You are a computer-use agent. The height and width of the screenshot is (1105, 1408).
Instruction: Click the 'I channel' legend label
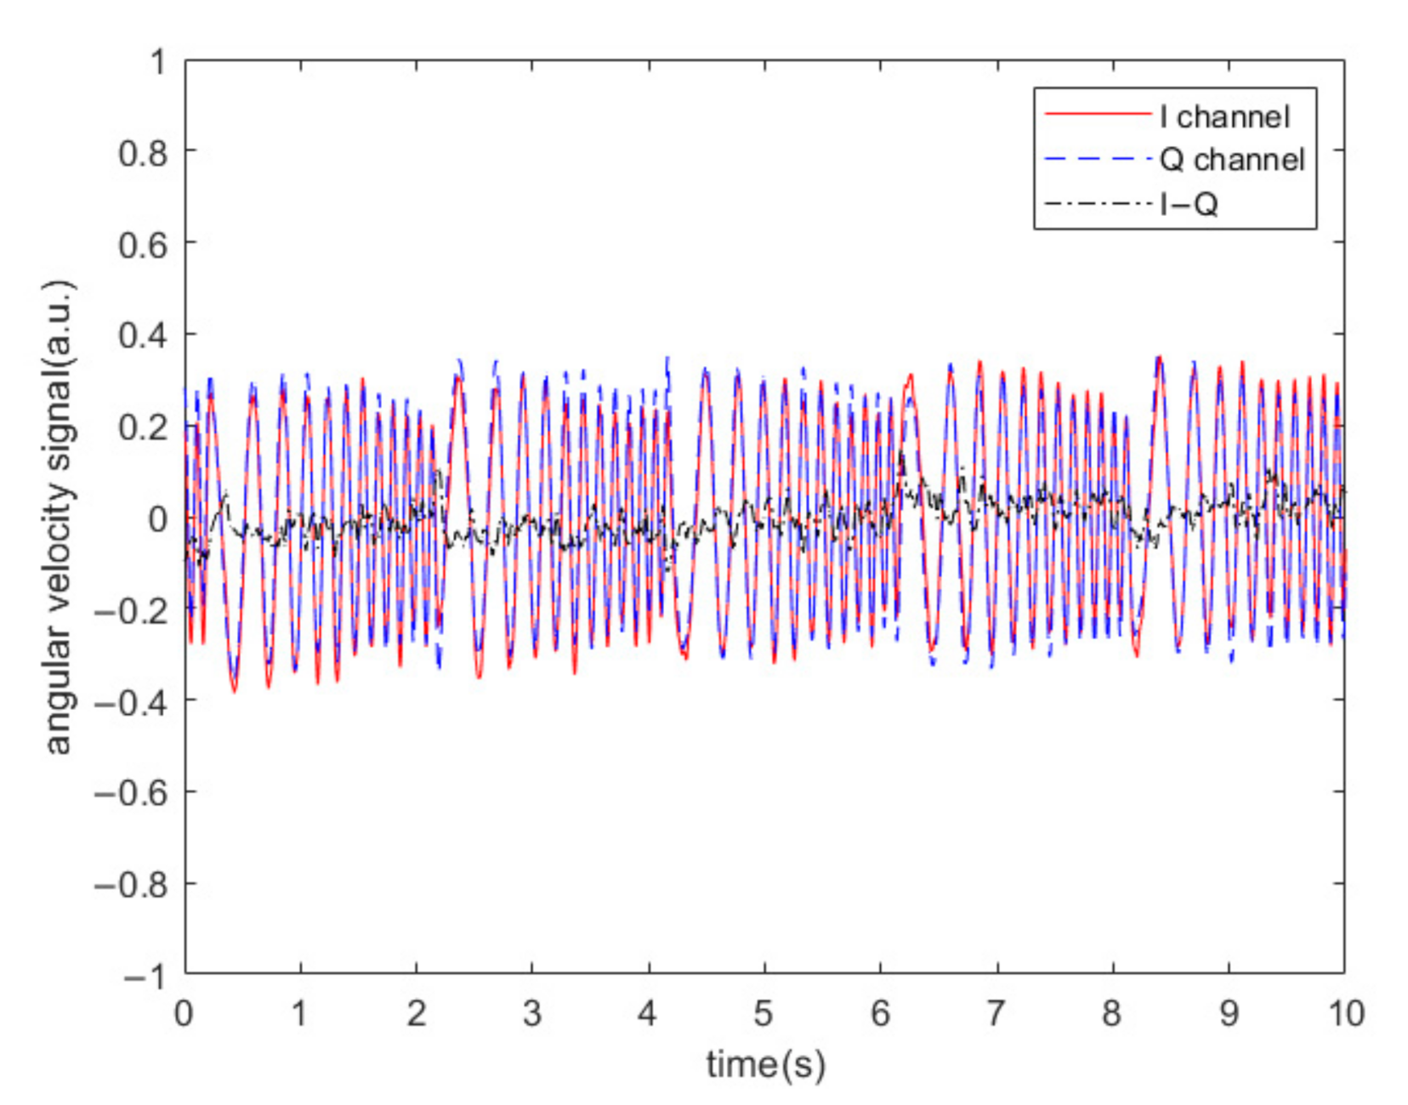[x=1224, y=116]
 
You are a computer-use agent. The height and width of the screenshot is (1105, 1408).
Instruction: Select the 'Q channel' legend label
[x=1232, y=160]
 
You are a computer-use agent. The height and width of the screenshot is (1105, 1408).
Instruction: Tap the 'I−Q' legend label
[x=1189, y=204]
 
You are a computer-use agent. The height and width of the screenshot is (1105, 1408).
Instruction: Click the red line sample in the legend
[x=1097, y=114]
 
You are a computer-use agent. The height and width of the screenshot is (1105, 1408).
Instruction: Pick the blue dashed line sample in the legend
[x=1097, y=158]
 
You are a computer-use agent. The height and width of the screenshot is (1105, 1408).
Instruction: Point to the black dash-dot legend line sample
[x=1097, y=203]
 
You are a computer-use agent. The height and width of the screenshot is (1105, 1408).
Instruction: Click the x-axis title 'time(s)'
[x=765, y=1065]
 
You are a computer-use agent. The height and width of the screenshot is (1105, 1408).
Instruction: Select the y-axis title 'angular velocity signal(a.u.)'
[x=60, y=517]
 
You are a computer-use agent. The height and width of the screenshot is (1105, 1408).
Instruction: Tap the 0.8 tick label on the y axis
[x=143, y=154]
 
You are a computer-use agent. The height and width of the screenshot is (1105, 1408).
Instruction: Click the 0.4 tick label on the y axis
[x=143, y=336]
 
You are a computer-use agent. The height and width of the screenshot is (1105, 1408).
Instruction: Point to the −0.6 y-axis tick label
[x=131, y=793]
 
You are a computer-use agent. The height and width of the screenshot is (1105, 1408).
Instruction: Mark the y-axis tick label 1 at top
[x=158, y=62]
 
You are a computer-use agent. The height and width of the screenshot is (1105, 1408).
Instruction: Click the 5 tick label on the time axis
[x=764, y=1013]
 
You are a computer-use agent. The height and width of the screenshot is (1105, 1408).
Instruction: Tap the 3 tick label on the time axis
[x=531, y=1013]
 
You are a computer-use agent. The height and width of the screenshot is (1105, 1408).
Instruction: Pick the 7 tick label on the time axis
[x=996, y=1013]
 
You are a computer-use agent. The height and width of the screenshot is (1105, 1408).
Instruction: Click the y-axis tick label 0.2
[x=143, y=428]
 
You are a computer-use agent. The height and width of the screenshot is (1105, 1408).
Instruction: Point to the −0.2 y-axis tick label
[x=131, y=610]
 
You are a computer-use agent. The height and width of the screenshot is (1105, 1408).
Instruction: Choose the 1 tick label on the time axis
[x=299, y=1013]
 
